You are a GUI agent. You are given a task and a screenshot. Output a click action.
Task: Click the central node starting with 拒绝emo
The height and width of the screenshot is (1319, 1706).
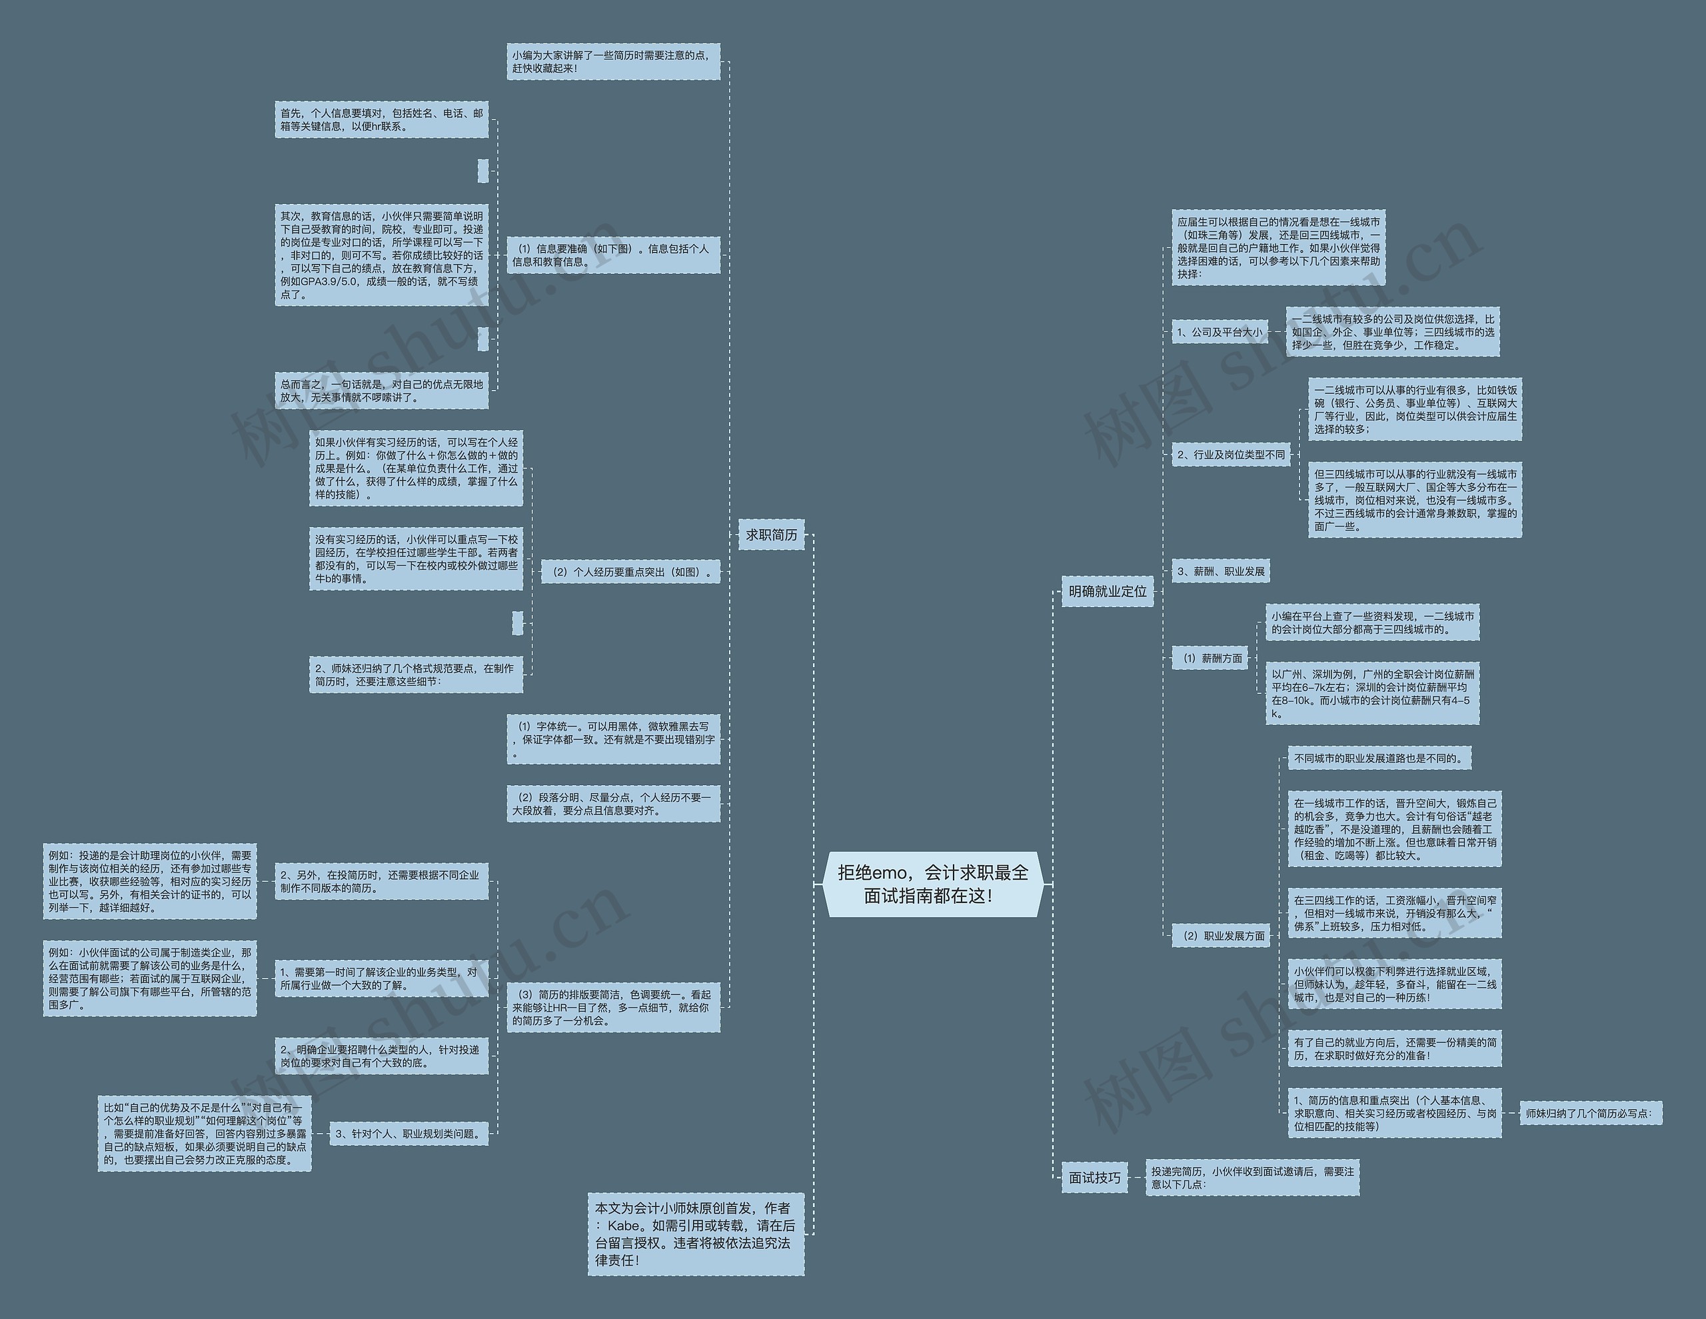pos(933,884)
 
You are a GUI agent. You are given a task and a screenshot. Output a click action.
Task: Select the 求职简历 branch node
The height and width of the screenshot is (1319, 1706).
pos(771,535)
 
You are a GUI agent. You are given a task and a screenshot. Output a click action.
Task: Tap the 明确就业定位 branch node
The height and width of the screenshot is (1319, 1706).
pos(1107,592)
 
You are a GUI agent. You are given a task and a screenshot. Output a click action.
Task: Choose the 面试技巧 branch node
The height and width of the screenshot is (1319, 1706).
pos(1094,1177)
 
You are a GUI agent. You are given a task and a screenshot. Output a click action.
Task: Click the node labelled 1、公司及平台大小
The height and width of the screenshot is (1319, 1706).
pos(1219,332)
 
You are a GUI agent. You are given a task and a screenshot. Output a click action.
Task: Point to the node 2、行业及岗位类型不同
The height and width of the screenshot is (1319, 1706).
pos(1230,454)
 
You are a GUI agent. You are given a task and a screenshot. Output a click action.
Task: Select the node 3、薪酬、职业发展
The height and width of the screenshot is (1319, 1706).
pos(1220,571)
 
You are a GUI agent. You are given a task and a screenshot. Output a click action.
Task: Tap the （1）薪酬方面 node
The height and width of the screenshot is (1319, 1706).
pos(1212,658)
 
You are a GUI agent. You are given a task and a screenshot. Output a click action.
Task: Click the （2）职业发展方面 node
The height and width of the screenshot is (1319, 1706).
pos(1224,935)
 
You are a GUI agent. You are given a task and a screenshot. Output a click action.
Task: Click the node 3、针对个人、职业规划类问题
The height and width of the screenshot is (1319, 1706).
pos(409,1133)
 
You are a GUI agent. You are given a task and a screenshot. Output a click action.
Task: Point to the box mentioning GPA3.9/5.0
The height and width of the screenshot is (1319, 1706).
pos(381,255)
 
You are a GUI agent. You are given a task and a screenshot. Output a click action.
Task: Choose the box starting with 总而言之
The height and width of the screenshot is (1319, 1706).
pos(381,391)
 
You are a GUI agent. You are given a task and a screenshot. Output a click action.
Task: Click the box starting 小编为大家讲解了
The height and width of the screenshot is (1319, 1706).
pos(612,62)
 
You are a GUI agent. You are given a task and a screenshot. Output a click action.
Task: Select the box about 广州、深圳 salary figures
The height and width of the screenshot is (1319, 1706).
pos(1371,693)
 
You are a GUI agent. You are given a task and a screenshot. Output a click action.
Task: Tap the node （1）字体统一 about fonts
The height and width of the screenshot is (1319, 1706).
pos(612,738)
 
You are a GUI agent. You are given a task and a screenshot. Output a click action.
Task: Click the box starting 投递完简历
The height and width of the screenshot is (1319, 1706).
pos(1252,1177)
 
